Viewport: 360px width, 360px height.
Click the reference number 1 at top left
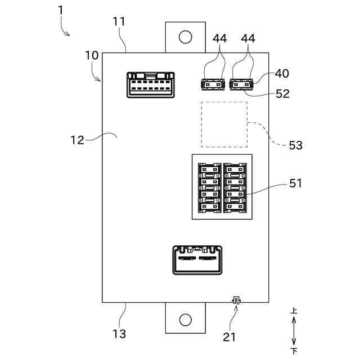click(60, 11)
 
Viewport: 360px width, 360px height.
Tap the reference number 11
click(119, 22)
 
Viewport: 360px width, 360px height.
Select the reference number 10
click(92, 56)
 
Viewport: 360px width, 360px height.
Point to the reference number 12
click(77, 139)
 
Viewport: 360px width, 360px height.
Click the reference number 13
click(119, 334)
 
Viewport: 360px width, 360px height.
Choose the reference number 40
click(282, 74)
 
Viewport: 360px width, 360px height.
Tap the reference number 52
click(283, 94)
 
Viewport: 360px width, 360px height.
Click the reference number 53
click(295, 145)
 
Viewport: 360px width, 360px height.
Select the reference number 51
click(295, 183)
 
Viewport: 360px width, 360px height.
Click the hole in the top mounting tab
click(185, 37)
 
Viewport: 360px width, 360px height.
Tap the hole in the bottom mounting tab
click(185, 319)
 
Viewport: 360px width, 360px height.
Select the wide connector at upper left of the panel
click(149, 84)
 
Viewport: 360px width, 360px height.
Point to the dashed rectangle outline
click(224, 124)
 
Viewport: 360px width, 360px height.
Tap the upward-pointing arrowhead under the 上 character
click(294, 319)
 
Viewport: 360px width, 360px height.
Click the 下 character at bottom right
click(294, 351)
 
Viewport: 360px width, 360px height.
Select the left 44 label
click(220, 38)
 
